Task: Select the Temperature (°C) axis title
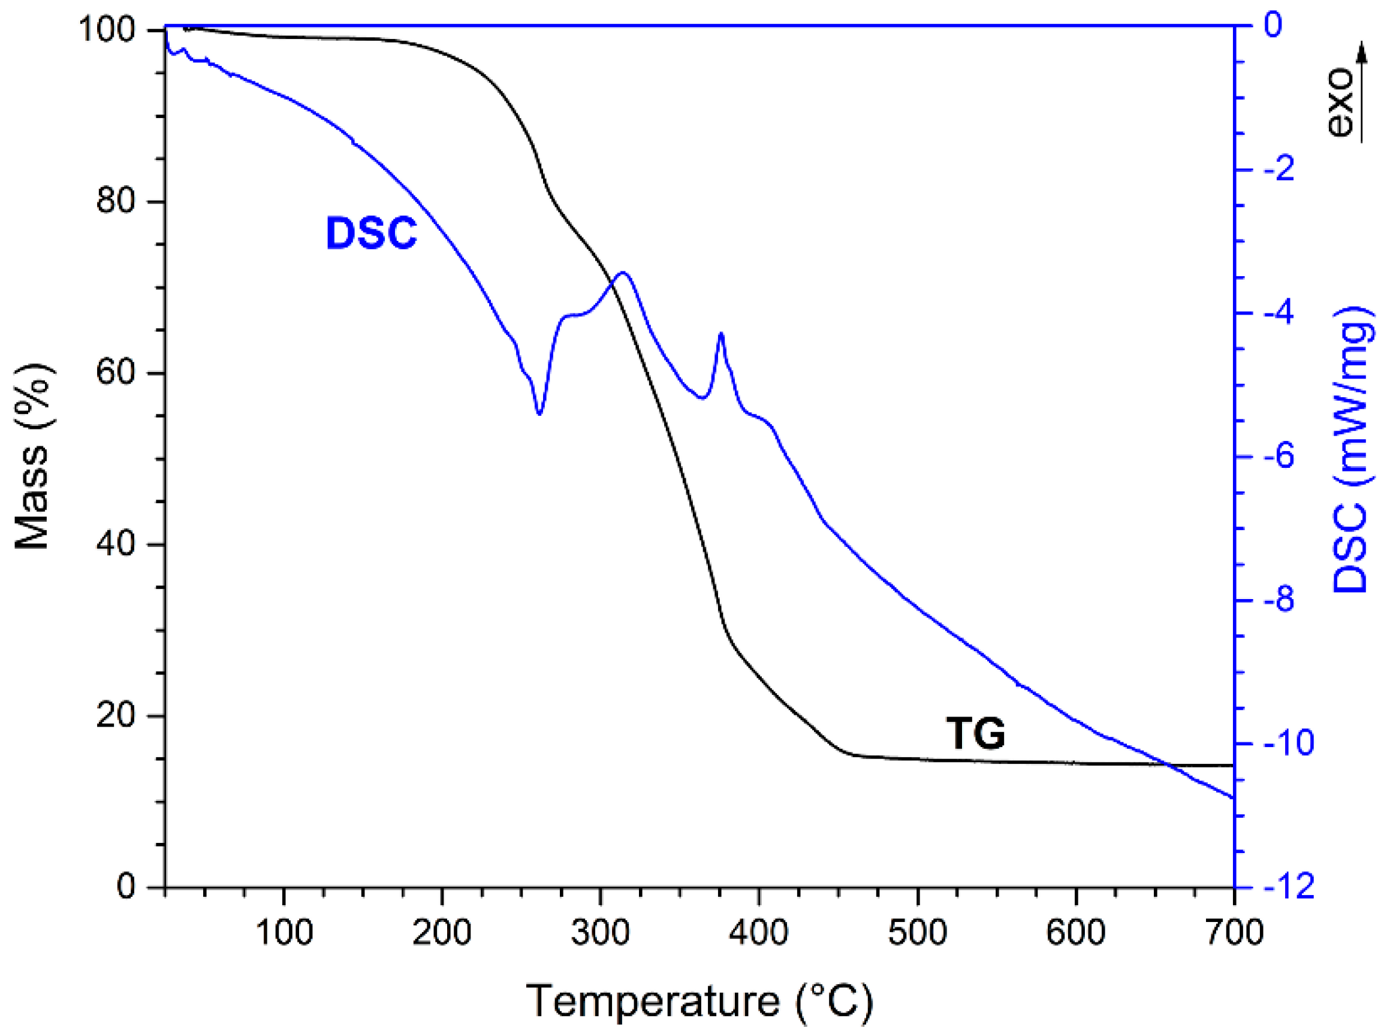click(x=699, y=1001)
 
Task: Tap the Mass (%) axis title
click(x=32, y=458)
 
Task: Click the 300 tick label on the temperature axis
click(x=600, y=933)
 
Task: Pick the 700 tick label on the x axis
click(x=1233, y=933)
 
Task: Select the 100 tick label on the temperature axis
click(x=284, y=933)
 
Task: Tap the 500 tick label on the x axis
click(x=916, y=933)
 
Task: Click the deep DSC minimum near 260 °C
click(x=539, y=414)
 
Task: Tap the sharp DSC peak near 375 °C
click(x=721, y=334)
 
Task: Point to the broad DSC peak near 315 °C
click(x=623, y=273)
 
